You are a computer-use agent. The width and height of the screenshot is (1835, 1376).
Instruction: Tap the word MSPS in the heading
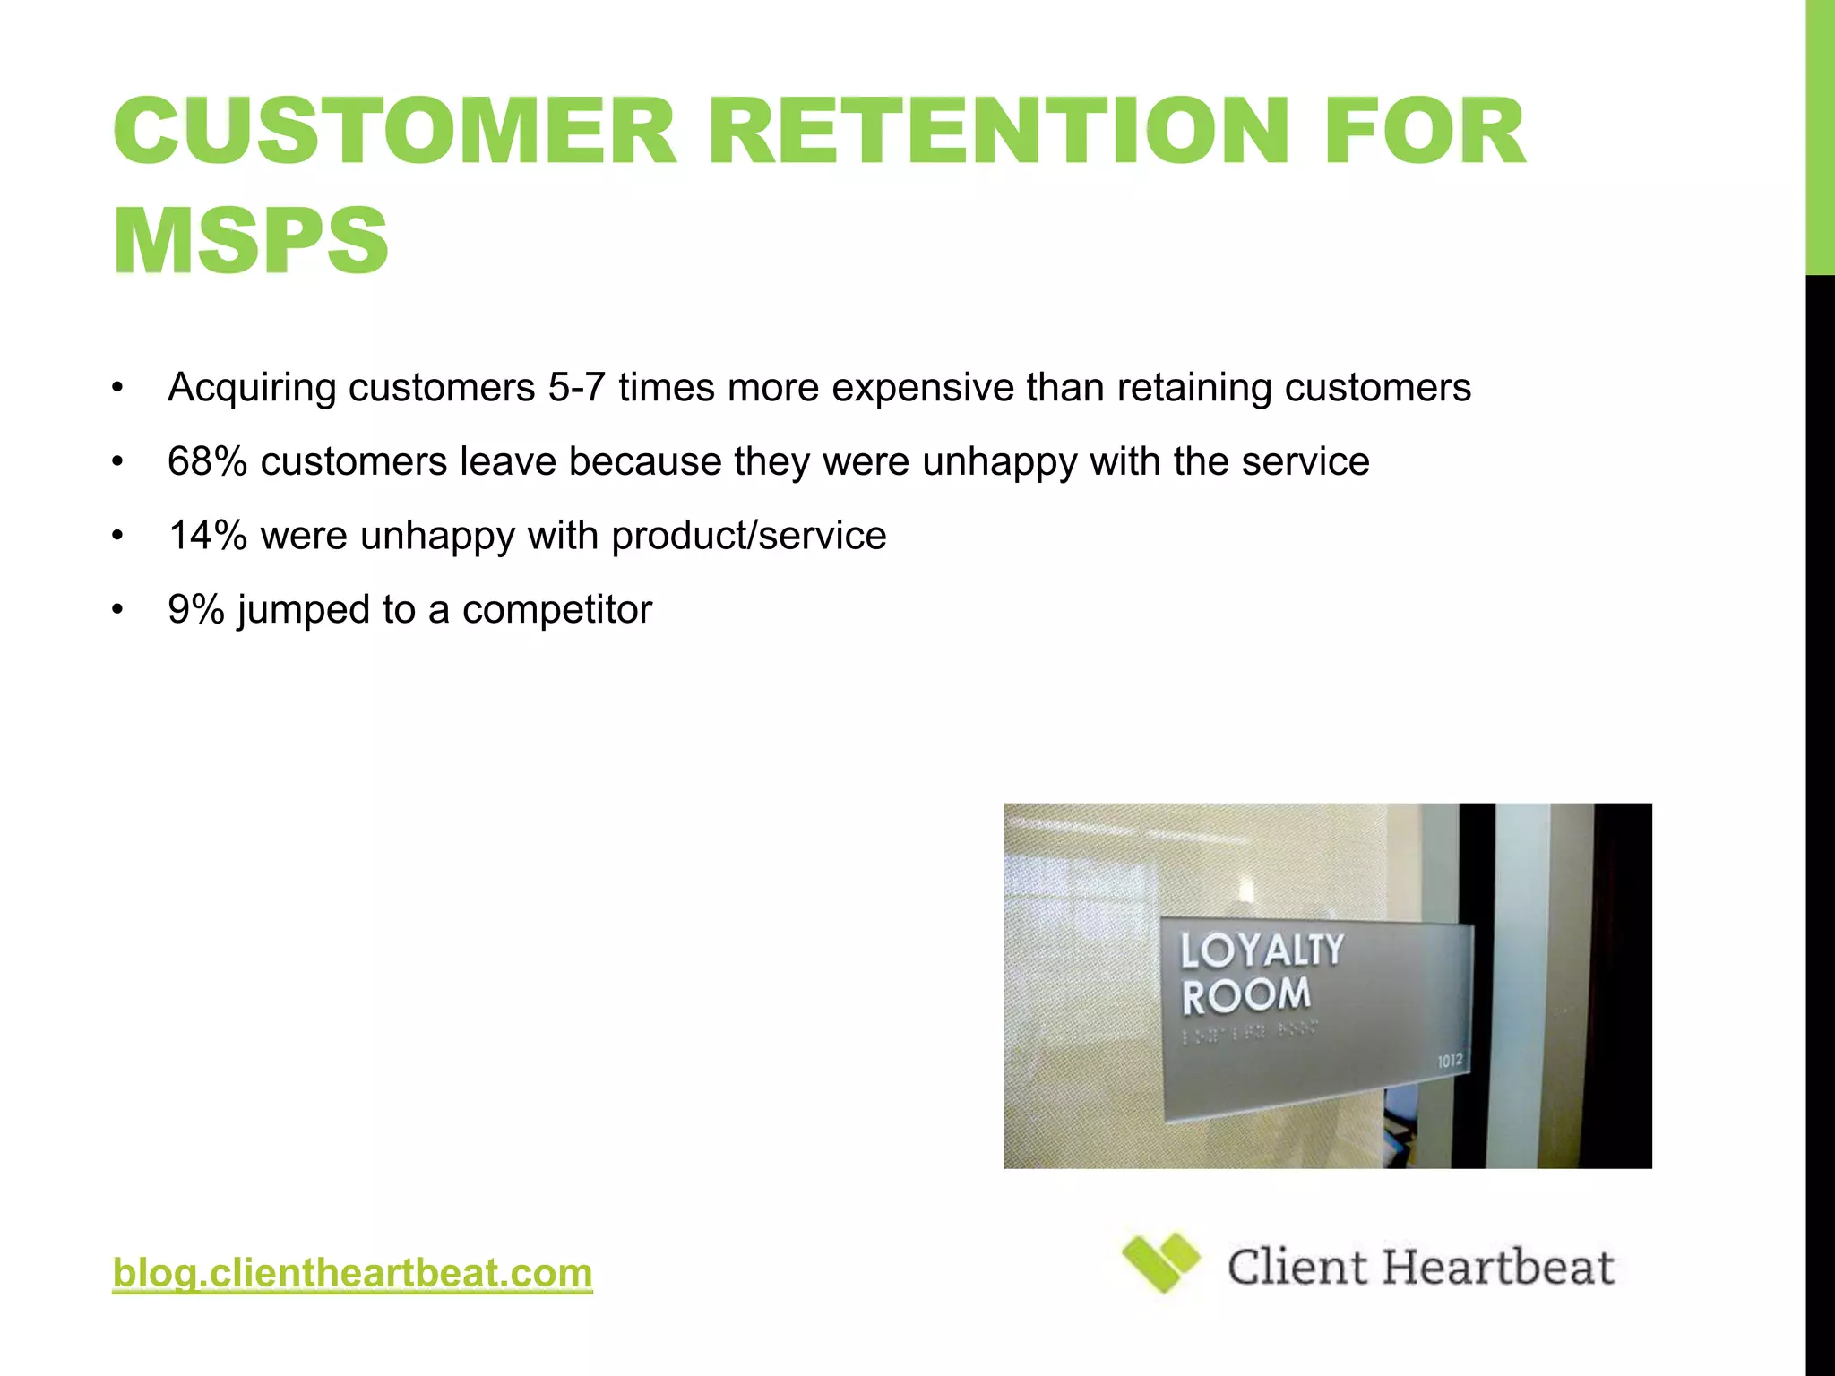(251, 240)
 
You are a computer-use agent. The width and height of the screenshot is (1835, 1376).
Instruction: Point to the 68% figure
(207, 462)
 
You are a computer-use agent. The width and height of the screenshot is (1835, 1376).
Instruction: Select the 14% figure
(207, 536)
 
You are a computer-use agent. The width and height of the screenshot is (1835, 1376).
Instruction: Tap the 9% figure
(195, 610)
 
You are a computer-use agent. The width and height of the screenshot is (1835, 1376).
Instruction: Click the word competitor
(556, 610)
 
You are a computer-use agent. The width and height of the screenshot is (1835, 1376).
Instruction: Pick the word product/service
(748, 536)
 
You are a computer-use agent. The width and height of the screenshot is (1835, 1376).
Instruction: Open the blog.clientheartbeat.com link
(352, 1273)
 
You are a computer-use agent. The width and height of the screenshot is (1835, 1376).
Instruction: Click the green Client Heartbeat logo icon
(1161, 1262)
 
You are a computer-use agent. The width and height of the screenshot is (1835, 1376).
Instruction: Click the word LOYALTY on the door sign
(1262, 950)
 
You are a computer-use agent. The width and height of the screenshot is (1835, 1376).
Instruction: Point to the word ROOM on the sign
(1245, 995)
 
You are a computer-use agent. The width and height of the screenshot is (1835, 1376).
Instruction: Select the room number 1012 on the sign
(1450, 1061)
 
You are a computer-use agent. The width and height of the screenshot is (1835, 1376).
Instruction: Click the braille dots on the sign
(1250, 1034)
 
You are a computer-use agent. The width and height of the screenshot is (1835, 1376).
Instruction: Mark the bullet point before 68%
(117, 462)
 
